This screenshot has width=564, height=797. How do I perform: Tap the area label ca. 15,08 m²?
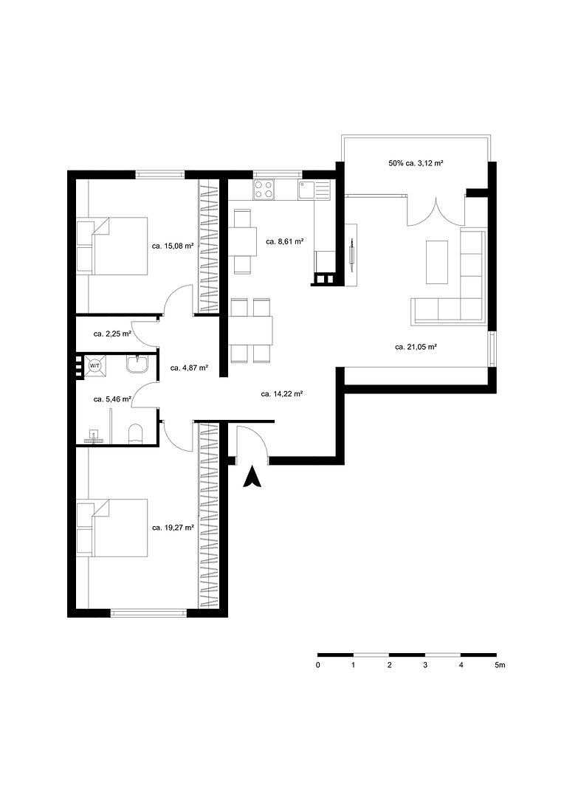pos(172,246)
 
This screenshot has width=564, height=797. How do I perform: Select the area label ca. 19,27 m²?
pos(173,528)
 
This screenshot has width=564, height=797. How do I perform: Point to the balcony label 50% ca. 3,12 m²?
pos(416,162)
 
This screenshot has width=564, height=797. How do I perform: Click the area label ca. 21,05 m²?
pos(416,346)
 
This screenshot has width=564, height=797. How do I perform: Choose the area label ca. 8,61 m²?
pos(285,241)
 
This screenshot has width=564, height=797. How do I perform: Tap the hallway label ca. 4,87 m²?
pos(189,367)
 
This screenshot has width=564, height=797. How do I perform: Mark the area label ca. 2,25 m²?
pos(112,334)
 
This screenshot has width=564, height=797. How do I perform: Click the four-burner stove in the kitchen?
pos(264,190)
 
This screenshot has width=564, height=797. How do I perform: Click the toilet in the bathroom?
pos(136,433)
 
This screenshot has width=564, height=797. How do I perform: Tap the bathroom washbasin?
pos(138,364)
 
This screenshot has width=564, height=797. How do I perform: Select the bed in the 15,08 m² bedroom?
pos(111,246)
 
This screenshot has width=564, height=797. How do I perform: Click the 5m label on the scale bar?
pos(500,665)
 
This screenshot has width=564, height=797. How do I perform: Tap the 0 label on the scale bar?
pos(317,665)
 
